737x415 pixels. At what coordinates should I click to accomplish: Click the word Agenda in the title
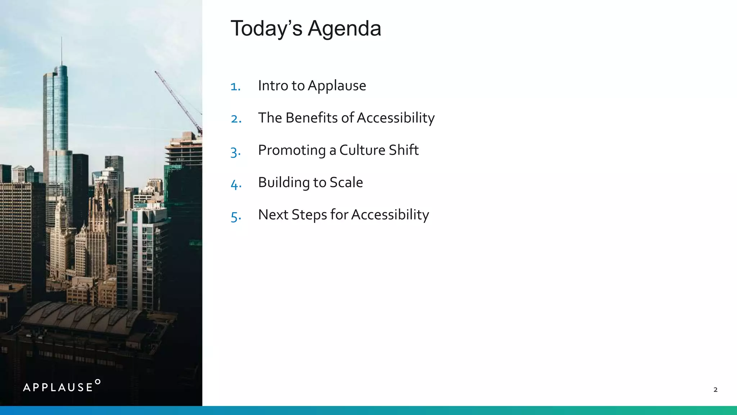click(344, 29)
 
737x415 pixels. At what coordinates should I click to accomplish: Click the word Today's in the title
click(266, 29)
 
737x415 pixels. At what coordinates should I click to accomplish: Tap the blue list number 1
click(235, 86)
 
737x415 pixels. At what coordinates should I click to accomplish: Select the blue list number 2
click(236, 119)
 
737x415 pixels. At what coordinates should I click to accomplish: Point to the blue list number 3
click(235, 151)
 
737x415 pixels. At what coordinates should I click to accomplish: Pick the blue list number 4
click(236, 184)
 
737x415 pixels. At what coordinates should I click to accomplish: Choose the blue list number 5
click(236, 216)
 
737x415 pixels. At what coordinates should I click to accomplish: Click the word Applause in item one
click(337, 86)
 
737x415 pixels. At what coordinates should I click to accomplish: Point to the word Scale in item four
click(346, 182)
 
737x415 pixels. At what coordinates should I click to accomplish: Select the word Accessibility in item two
click(396, 118)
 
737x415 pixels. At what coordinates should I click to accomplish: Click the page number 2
click(715, 389)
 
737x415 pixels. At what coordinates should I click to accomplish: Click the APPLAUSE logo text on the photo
click(58, 388)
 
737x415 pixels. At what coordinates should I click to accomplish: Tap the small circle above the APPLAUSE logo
click(98, 382)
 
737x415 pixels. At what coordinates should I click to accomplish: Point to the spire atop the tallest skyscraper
click(61, 50)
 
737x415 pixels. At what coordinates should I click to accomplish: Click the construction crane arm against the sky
click(178, 101)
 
